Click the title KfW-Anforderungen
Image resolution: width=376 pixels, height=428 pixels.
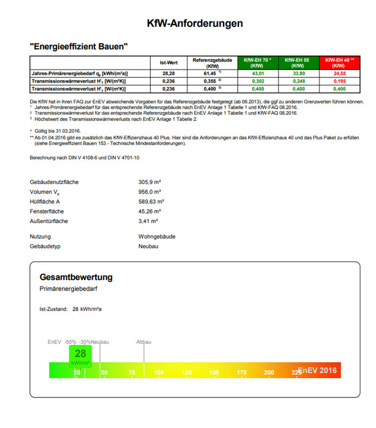coord(195,24)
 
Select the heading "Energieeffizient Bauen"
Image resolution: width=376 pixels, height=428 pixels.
coord(79,47)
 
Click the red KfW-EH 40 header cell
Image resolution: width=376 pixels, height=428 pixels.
coord(338,62)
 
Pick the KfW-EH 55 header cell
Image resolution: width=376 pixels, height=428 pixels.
coord(298,62)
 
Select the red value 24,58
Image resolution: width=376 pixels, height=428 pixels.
coord(338,73)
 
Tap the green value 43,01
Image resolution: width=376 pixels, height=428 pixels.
coord(257,73)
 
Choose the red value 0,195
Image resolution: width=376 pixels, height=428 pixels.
coord(338,80)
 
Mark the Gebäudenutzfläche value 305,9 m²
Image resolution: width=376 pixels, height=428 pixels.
coord(150,182)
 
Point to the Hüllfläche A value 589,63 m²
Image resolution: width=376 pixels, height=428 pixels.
coord(152,202)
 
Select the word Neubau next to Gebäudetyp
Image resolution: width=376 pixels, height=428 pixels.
coord(149,246)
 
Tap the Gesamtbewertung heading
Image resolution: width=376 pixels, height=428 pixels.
coord(76,277)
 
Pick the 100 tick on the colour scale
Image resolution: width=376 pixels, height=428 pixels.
coord(159,372)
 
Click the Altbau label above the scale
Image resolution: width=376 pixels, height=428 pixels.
coord(144,342)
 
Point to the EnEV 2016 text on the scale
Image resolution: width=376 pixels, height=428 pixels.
coord(317,370)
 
